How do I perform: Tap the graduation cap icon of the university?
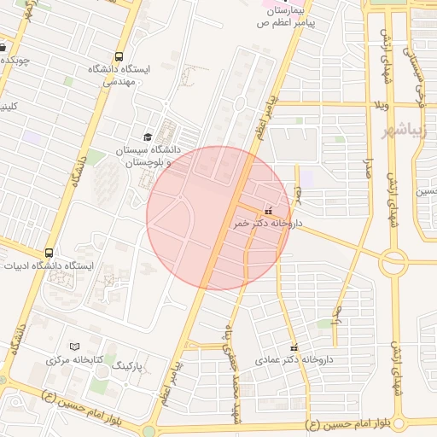(148, 137)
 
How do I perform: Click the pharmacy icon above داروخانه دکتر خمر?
(269, 210)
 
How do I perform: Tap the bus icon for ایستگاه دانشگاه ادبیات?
(49, 253)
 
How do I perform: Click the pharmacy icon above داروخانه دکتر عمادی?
(295, 347)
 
